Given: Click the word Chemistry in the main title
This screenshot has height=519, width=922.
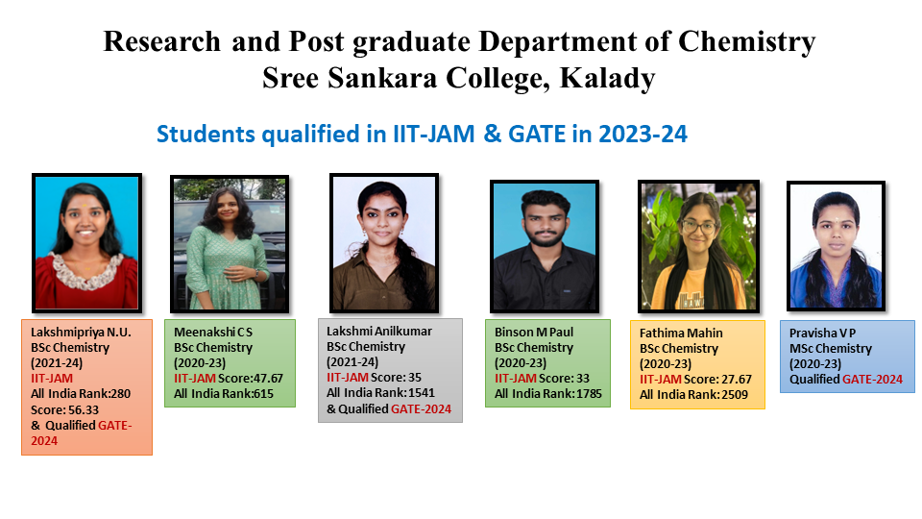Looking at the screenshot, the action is [x=747, y=42].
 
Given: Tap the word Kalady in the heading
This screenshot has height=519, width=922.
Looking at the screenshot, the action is [x=607, y=79].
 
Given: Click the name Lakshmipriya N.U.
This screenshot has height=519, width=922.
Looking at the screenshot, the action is [x=81, y=332].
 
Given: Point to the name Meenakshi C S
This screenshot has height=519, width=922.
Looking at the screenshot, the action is [x=213, y=332].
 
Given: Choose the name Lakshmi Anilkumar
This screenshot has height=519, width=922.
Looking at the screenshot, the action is [x=379, y=332].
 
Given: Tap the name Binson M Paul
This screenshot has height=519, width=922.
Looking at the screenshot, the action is [x=534, y=332].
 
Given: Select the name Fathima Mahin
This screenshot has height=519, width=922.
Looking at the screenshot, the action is [x=681, y=334].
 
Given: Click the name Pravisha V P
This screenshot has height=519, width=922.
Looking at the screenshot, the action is [x=823, y=334].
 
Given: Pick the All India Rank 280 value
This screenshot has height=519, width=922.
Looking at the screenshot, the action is [x=121, y=394].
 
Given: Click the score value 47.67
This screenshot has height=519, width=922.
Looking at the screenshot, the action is [x=268, y=379].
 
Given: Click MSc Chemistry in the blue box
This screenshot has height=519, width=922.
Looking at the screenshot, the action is [x=831, y=349].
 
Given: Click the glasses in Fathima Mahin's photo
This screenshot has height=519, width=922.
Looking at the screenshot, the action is [x=698, y=225].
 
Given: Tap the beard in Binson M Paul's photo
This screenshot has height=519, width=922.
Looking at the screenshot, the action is [x=545, y=237].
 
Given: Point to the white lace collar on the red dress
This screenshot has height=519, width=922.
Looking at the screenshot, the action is [x=88, y=272].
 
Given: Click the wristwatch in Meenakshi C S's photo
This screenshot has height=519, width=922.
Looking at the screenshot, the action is [x=256, y=274].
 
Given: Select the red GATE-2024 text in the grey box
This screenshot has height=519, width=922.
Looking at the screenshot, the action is [x=421, y=409].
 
